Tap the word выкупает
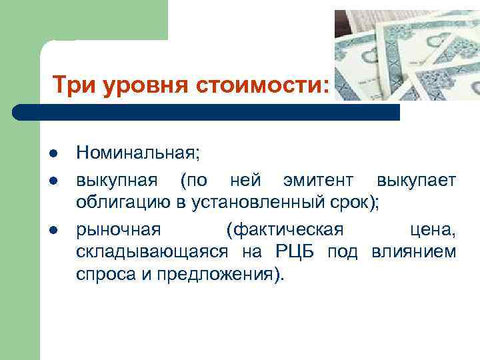[x=416, y=181]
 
